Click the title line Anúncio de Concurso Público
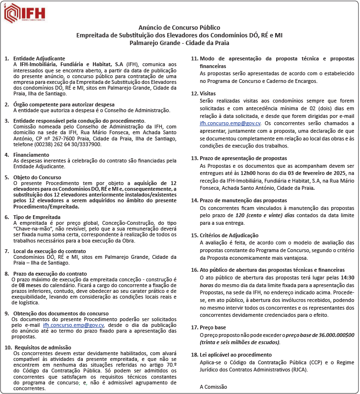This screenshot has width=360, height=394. coord(179,28)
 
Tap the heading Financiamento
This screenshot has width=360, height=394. coord(31,155)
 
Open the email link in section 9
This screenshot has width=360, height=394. coord(73,325)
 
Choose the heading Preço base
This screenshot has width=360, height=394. coord(213,327)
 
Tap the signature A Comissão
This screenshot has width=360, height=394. coord(214,386)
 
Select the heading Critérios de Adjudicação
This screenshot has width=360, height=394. coord(229,235)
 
